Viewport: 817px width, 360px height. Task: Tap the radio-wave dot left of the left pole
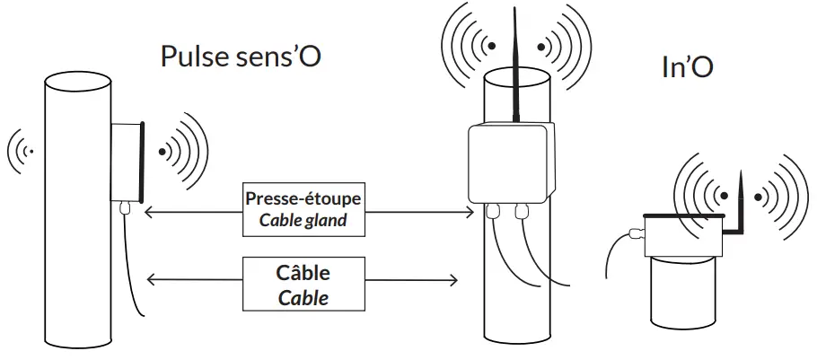click(x=32, y=152)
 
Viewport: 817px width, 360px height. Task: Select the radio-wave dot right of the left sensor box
click(x=163, y=152)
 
